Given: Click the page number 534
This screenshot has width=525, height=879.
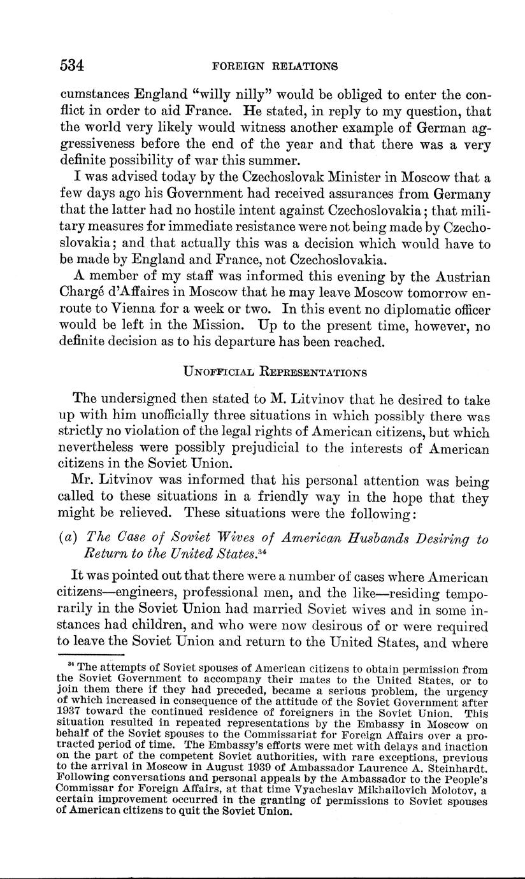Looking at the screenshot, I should click(x=72, y=66).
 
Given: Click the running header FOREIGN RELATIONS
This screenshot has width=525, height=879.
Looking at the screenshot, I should click(x=275, y=66).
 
